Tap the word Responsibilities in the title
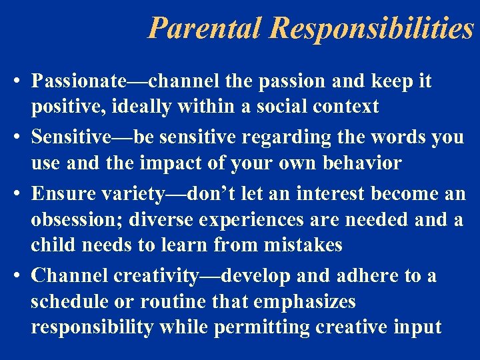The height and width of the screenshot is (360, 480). [x=373, y=28]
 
